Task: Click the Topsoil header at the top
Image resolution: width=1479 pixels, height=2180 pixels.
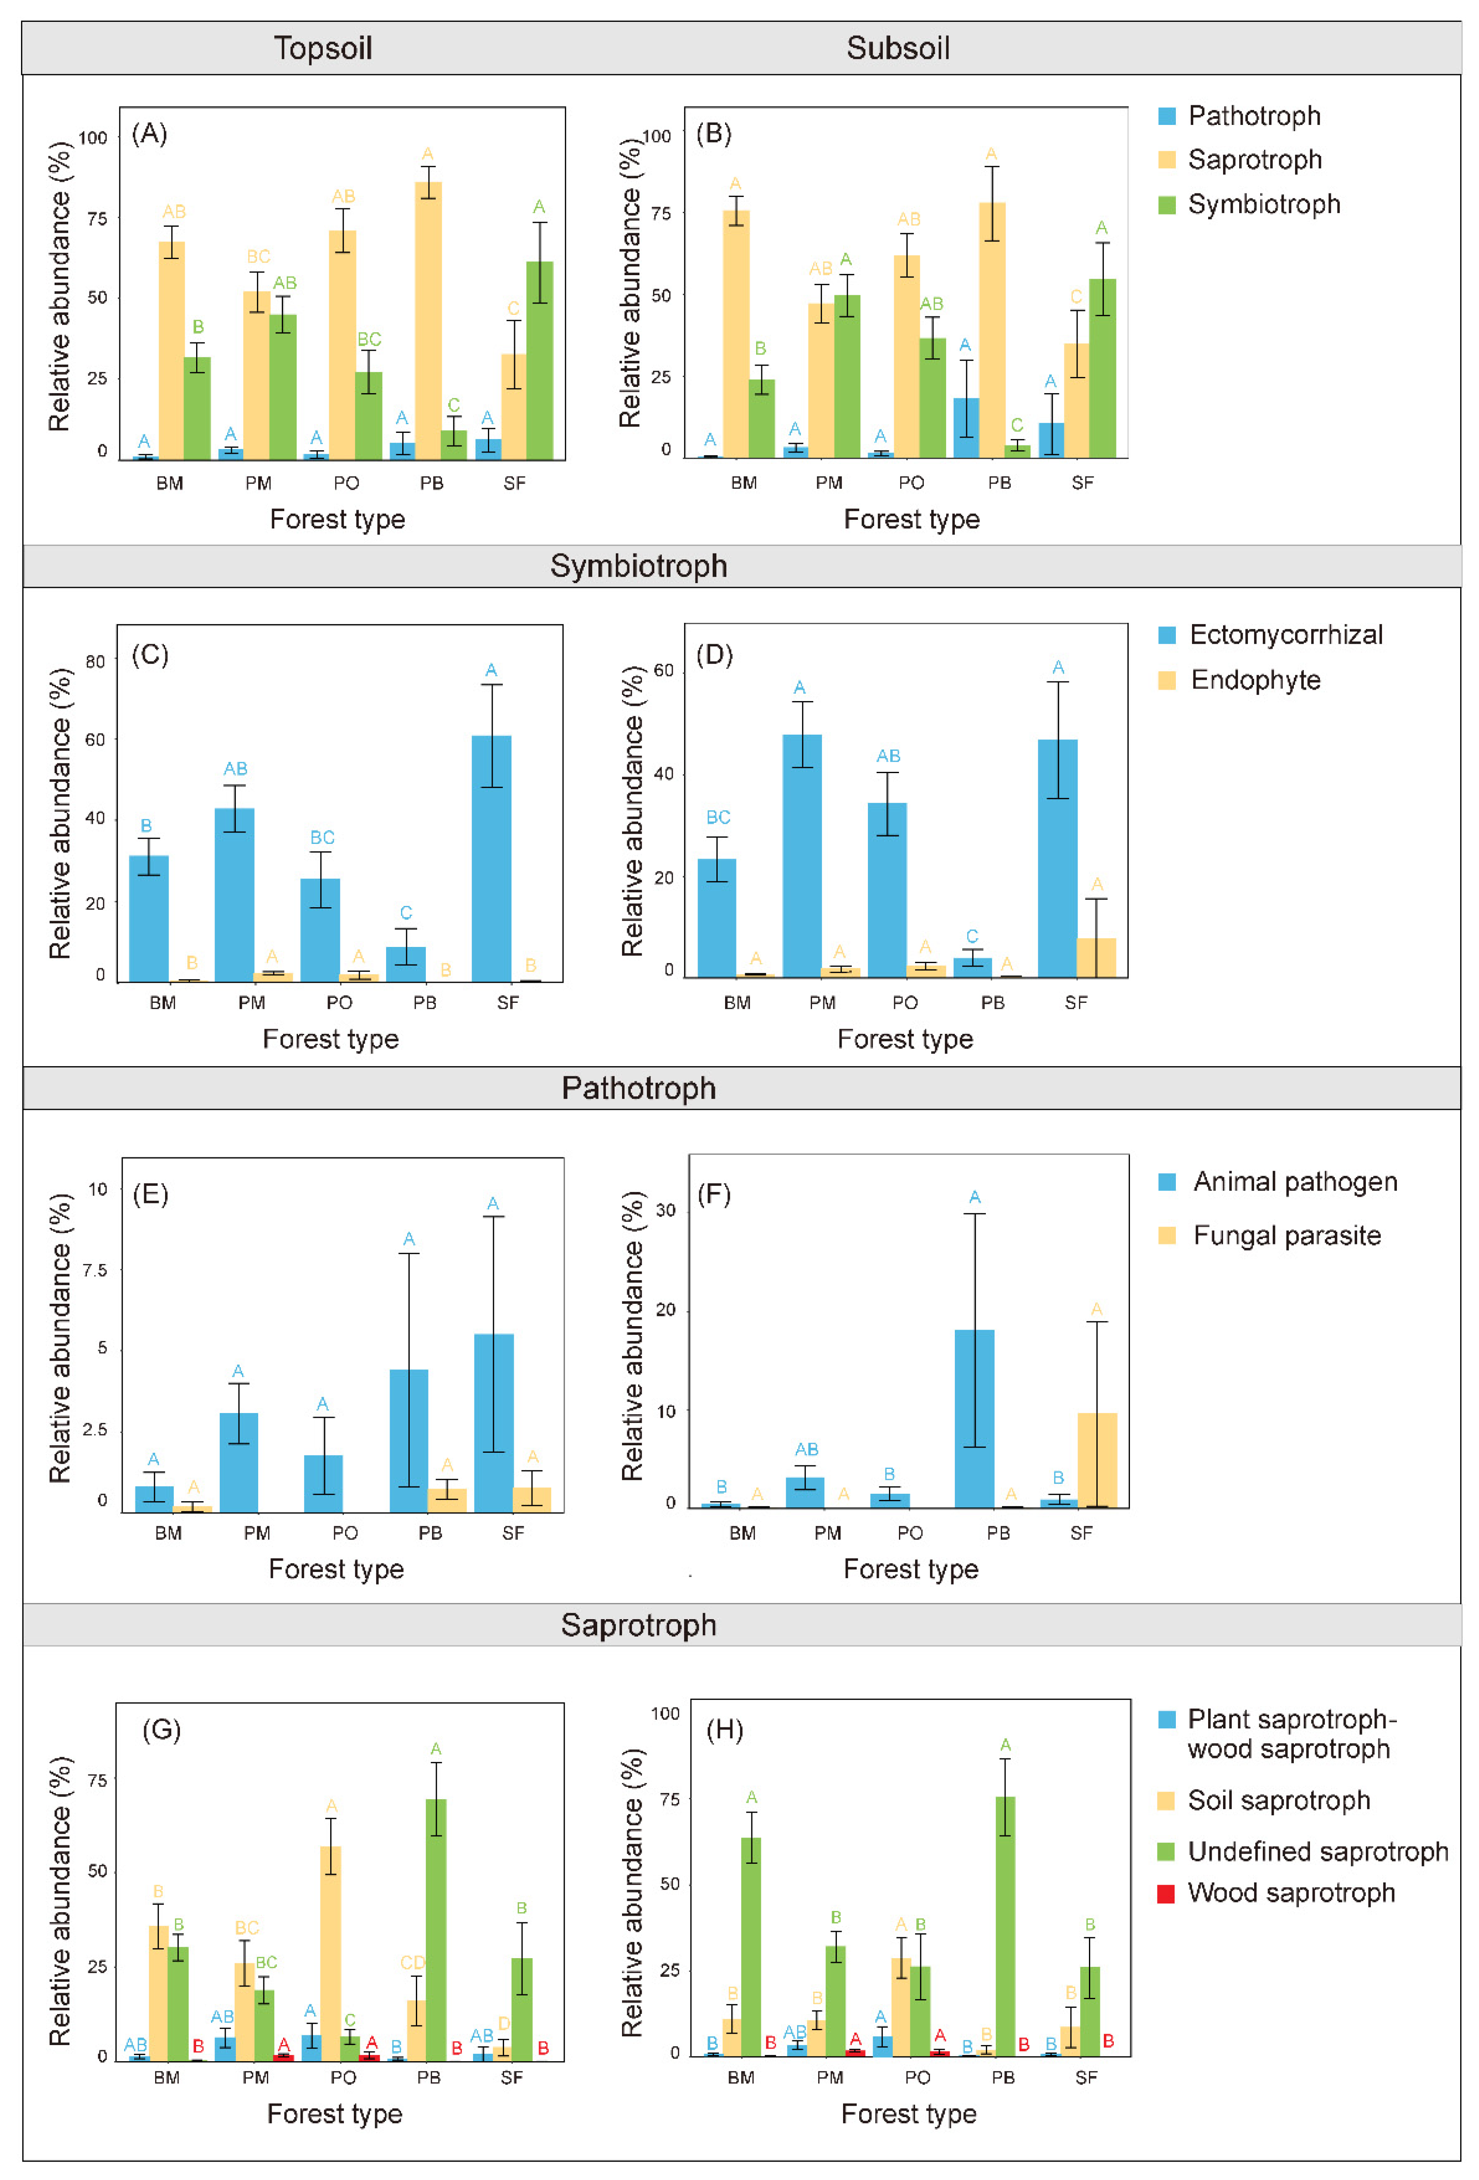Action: (323, 48)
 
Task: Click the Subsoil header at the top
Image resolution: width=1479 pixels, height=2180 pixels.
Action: (898, 48)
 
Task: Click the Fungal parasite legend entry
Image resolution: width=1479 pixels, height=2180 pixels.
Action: (1286, 1235)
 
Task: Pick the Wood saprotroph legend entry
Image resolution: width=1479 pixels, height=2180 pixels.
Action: (1290, 1893)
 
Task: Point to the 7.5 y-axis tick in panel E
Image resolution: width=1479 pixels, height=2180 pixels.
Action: (95, 1270)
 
